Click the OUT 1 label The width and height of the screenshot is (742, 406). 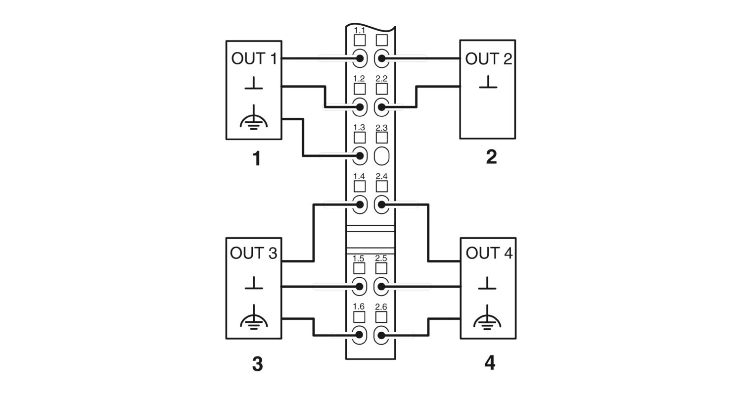click(254, 58)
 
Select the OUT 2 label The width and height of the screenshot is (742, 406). click(489, 58)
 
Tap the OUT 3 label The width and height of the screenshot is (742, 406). click(253, 253)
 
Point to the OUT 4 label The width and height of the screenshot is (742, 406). click(489, 253)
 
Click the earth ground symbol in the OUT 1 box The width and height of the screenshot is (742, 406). click(254, 117)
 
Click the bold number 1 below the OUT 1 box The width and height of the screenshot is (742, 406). click(257, 158)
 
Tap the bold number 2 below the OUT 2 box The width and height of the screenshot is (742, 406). click(491, 157)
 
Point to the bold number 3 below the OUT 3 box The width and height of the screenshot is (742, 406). click(257, 364)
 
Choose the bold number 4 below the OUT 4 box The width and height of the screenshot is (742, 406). click(490, 363)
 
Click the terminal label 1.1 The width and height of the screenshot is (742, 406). click(360, 31)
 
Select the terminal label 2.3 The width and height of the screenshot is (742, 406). click(381, 128)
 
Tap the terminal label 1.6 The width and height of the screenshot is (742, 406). click(359, 307)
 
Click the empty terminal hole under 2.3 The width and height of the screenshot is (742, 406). click(381, 156)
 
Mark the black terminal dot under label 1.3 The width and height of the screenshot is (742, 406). click(360, 156)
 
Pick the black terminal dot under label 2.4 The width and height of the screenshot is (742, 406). click(381, 205)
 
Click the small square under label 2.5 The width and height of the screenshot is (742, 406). click(381, 268)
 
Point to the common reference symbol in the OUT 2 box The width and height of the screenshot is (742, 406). click(488, 82)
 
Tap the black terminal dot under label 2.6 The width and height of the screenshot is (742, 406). click(381, 335)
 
